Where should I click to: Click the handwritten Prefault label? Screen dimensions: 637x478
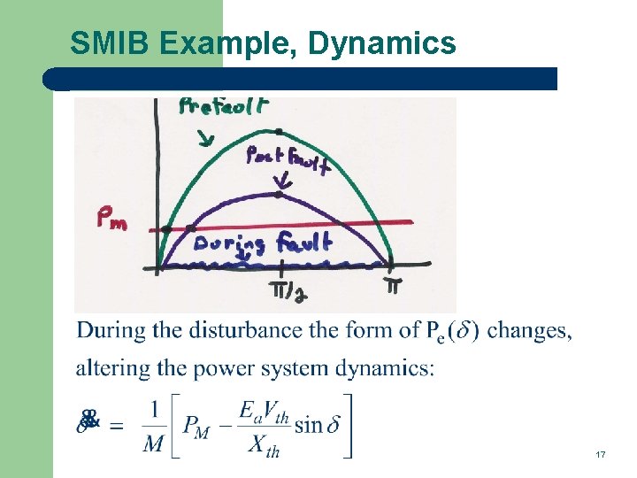coord(224,107)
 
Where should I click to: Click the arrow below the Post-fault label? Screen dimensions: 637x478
coord(282,183)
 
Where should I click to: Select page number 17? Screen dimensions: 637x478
coord(601,454)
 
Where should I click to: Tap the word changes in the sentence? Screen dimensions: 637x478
coord(529,331)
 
